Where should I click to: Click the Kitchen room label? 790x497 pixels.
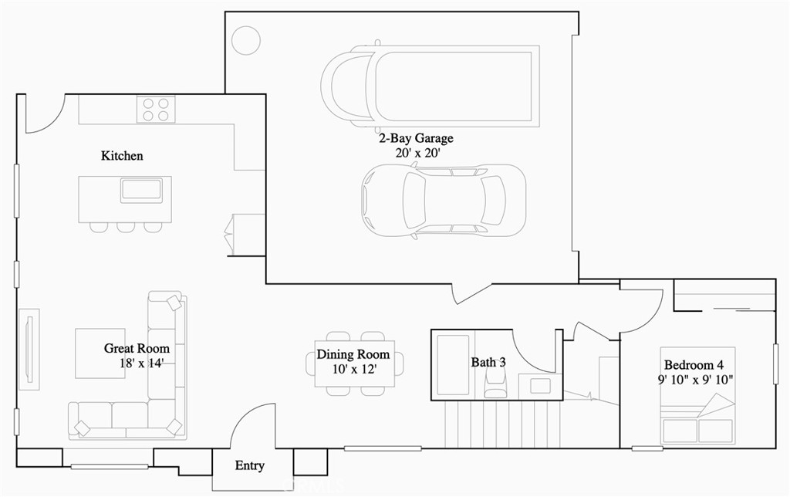(x=122, y=156)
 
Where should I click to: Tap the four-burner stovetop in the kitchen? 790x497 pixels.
(x=156, y=110)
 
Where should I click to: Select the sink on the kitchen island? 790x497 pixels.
(x=141, y=191)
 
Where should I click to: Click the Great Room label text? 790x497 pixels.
(x=137, y=348)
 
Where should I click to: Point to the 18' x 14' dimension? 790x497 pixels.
(x=142, y=363)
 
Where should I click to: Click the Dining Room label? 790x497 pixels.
(x=353, y=354)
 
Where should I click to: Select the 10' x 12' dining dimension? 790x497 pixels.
(x=354, y=370)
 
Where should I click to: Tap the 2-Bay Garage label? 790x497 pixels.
(x=416, y=138)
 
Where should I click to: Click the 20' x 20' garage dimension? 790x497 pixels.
(x=417, y=153)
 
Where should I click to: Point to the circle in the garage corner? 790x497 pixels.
(x=246, y=39)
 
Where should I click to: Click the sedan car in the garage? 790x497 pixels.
(x=444, y=201)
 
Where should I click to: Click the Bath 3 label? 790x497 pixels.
(x=488, y=362)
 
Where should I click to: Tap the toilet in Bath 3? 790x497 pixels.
(x=495, y=383)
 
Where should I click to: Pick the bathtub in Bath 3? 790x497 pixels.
(x=453, y=364)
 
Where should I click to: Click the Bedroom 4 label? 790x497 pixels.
(x=694, y=365)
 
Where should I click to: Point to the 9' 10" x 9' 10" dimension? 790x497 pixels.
(x=695, y=380)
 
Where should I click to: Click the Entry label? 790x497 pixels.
(x=249, y=466)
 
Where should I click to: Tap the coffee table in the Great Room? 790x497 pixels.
(x=100, y=353)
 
